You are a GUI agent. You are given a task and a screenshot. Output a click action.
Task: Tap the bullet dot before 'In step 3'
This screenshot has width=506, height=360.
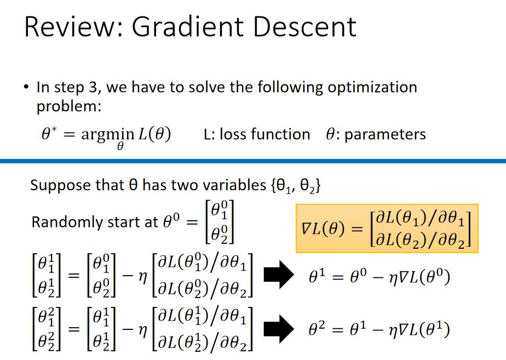26,88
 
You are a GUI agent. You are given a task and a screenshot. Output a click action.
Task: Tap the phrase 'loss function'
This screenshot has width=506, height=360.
264,134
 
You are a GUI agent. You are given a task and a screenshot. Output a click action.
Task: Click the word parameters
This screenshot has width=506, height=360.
383,134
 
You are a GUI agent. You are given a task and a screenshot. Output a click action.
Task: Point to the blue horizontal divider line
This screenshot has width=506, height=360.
253,161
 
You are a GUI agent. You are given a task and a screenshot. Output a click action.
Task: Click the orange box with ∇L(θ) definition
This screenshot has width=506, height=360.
387,228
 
